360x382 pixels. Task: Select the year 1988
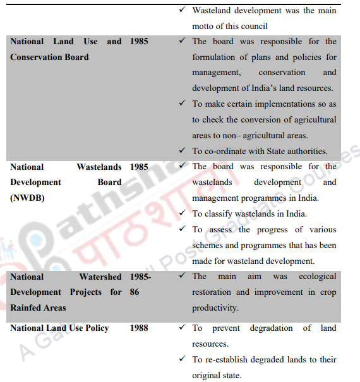(140, 328)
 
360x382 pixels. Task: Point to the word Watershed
(100, 277)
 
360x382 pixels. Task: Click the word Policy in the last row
(95, 328)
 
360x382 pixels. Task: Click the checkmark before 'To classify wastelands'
(182, 213)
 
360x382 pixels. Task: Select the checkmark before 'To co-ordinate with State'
(182, 151)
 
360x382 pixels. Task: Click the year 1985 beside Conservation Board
(140, 41)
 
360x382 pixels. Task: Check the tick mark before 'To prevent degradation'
(182, 328)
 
